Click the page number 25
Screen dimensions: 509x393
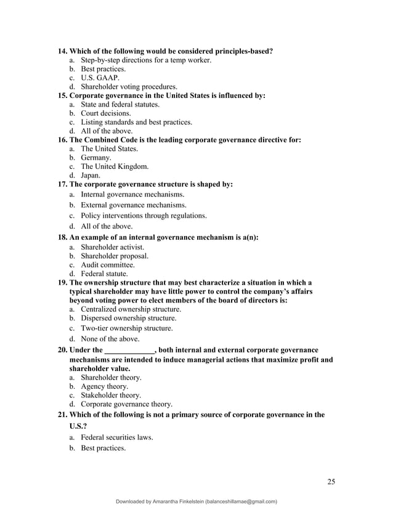point(331,481)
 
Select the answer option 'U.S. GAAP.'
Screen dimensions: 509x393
point(100,78)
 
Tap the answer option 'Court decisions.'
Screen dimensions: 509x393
point(106,113)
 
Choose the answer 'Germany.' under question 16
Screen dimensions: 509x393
point(97,158)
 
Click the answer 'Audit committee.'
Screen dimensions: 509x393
point(108,264)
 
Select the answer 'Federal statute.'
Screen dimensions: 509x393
point(105,273)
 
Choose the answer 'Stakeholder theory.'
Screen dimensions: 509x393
point(111,395)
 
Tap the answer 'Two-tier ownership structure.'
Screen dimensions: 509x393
point(127,328)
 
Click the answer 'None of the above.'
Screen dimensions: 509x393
point(110,339)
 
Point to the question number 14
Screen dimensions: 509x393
point(62,51)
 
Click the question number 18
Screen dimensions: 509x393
point(62,237)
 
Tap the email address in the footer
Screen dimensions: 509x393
point(241,502)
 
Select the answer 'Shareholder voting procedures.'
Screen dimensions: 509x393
point(129,87)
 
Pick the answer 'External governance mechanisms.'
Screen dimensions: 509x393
point(134,205)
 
